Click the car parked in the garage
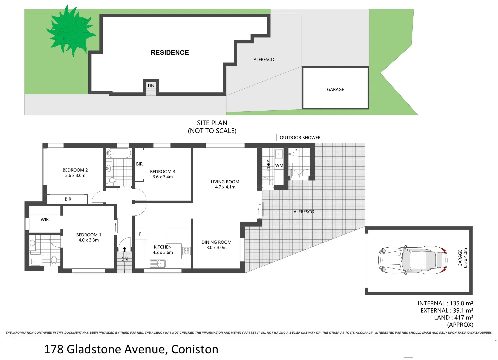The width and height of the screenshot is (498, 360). pos(412,260)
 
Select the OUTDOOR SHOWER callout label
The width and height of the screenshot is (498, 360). pos(300,137)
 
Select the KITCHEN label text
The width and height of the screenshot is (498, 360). pos(163,247)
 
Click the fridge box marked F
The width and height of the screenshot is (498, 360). pos(140,234)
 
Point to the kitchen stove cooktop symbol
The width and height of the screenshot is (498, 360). pos(186,251)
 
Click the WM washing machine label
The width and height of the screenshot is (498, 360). pos(279,165)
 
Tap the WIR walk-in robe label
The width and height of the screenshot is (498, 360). pos(45,220)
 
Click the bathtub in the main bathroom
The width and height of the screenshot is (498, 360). pos(118,153)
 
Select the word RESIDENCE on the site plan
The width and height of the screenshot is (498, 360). pos(170,53)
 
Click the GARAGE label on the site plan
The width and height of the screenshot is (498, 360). pos(335,90)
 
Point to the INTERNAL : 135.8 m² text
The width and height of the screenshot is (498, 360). pos(445,303)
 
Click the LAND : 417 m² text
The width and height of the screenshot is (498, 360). pos(453,318)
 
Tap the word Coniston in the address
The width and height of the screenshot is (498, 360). pos(195,349)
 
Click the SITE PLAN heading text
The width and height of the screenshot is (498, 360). pos(212,123)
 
